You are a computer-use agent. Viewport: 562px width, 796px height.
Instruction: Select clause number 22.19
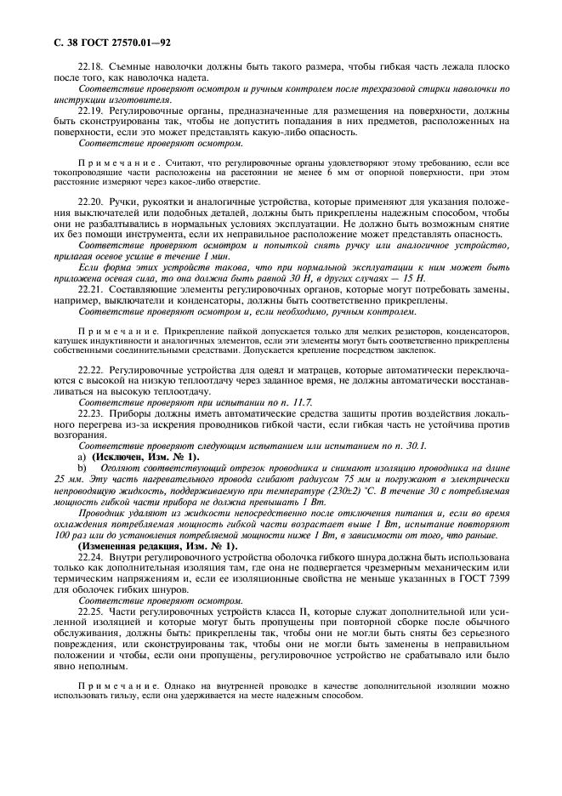click(91, 111)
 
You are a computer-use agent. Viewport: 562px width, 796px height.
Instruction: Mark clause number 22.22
click(91, 371)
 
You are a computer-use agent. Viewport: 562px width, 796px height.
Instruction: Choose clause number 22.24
click(91, 554)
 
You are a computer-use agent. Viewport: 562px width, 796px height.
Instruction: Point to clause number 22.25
click(91, 611)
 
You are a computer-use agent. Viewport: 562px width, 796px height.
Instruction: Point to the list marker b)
click(82, 468)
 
